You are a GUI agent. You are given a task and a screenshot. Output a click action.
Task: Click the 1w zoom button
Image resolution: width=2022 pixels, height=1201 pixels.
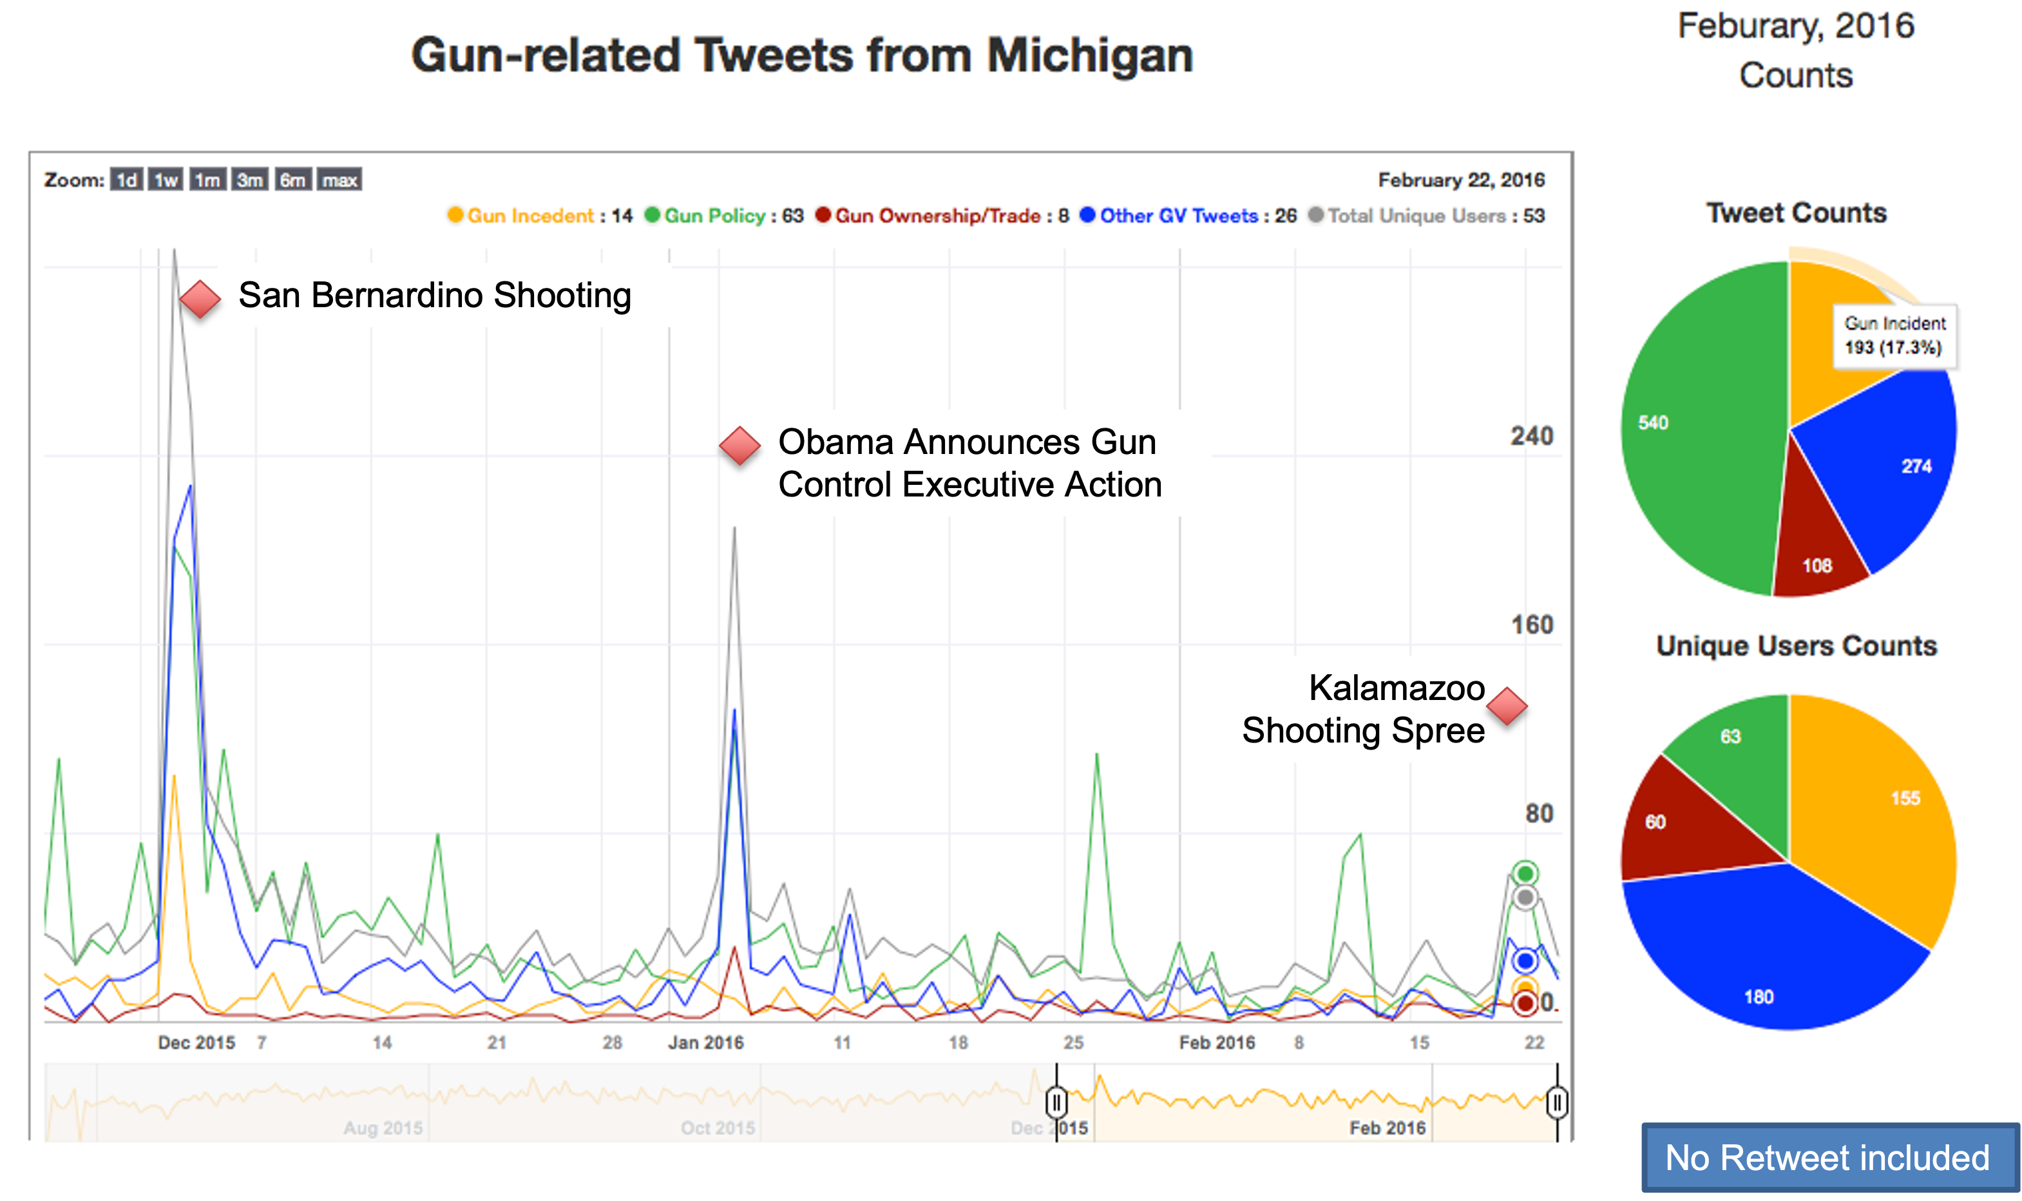click(x=166, y=180)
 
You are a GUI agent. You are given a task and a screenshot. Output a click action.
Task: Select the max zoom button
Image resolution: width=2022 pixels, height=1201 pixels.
click(x=339, y=180)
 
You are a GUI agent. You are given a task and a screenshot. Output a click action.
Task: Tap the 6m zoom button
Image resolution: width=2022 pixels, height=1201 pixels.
click(x=292, y=180)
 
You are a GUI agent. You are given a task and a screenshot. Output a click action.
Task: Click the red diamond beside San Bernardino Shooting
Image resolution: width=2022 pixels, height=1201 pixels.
click(x=200, y=299)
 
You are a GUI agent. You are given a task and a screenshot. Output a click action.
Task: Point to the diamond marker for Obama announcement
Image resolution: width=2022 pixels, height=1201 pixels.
click(x=739, y=446)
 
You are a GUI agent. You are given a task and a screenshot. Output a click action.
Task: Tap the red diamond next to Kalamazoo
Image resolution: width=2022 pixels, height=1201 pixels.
click(x=1507, y=706)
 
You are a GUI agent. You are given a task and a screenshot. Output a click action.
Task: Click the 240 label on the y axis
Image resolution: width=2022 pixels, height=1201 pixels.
click(x=1531, y=436)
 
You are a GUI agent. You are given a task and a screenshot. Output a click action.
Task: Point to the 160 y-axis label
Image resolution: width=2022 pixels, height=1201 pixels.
click(x=1531, y=625)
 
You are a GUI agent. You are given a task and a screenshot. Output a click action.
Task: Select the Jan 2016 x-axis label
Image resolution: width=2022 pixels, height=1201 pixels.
click(x=705, y=1043)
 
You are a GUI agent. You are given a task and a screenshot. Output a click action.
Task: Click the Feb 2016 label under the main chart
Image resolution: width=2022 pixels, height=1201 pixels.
click(x=1217, y=1043)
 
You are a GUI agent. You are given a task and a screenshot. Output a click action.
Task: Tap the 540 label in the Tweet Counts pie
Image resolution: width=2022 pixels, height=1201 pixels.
click(x=1653, y=422)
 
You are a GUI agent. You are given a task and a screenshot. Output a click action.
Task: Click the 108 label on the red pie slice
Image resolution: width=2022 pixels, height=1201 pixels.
click(x=1817, y=565)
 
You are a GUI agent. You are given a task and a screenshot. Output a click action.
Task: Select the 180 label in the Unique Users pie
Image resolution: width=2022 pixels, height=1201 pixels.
click(x=1758, y=996)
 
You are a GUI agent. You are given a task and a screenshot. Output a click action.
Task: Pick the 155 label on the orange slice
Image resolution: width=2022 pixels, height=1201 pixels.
click(x=1905, y=798)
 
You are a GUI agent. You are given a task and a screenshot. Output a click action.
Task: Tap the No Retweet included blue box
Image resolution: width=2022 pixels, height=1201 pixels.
click(x=1827, y=1158)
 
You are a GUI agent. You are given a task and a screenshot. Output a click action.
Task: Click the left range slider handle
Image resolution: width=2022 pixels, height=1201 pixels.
click(x=1056, y=1102)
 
